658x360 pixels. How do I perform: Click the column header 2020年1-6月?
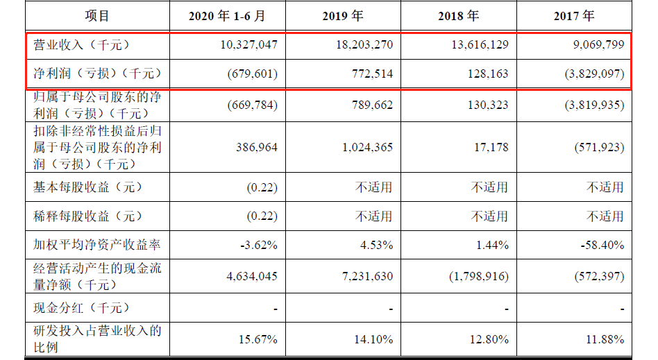[226, 16]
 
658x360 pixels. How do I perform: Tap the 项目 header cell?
[97, 16]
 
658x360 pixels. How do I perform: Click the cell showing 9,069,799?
[594, 45]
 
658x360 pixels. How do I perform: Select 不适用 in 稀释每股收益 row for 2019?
[374, 216]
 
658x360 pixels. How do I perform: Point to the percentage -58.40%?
[601, 245]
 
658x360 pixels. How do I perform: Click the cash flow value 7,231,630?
[366, 276]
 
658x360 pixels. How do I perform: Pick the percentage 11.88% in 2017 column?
[603, 339]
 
